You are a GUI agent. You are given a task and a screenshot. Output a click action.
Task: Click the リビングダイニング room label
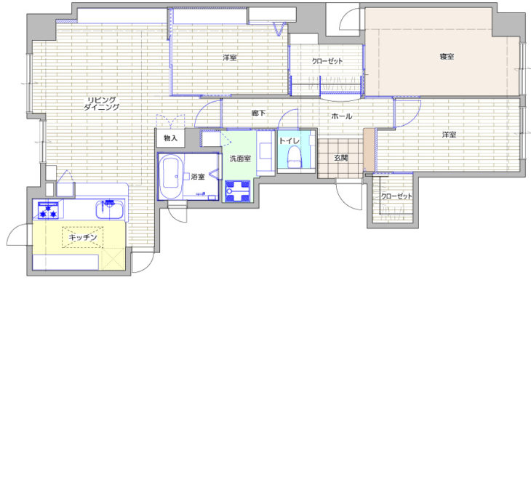click(102, 103)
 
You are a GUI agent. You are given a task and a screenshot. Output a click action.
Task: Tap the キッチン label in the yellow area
click(83, 237)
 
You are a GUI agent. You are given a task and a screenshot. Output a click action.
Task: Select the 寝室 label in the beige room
click(447, 57)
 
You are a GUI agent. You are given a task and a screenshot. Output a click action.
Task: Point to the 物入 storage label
click(170, 138)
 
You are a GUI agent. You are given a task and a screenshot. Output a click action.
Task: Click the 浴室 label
click(198, 176)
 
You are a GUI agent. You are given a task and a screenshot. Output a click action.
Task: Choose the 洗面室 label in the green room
click(240, 159)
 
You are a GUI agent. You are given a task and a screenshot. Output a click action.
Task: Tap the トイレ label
click(289, 141)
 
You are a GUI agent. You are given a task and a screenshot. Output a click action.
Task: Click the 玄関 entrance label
click(340, 158)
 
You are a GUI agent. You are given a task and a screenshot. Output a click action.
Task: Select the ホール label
click(341, 116)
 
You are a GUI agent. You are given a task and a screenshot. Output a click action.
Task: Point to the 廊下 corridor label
click(258, 113)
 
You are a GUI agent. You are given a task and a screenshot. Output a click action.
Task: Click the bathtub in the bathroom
click(172, 177)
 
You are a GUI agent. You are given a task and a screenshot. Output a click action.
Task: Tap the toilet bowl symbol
click(295, 158)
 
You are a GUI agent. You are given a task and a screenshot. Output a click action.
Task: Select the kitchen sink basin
click(109, 210)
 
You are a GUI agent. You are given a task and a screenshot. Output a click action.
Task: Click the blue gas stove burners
click(49, 211)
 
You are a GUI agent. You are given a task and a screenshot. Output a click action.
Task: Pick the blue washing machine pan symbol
click(238, 191)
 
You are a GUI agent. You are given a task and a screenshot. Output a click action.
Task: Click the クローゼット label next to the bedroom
click(327, 61)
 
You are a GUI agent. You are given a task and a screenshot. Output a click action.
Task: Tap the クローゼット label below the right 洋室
click(396, 196)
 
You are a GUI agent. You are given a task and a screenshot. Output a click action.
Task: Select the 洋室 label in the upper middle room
click(230, 57)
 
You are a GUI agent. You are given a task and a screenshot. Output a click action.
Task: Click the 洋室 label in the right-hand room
click(449, 135)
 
